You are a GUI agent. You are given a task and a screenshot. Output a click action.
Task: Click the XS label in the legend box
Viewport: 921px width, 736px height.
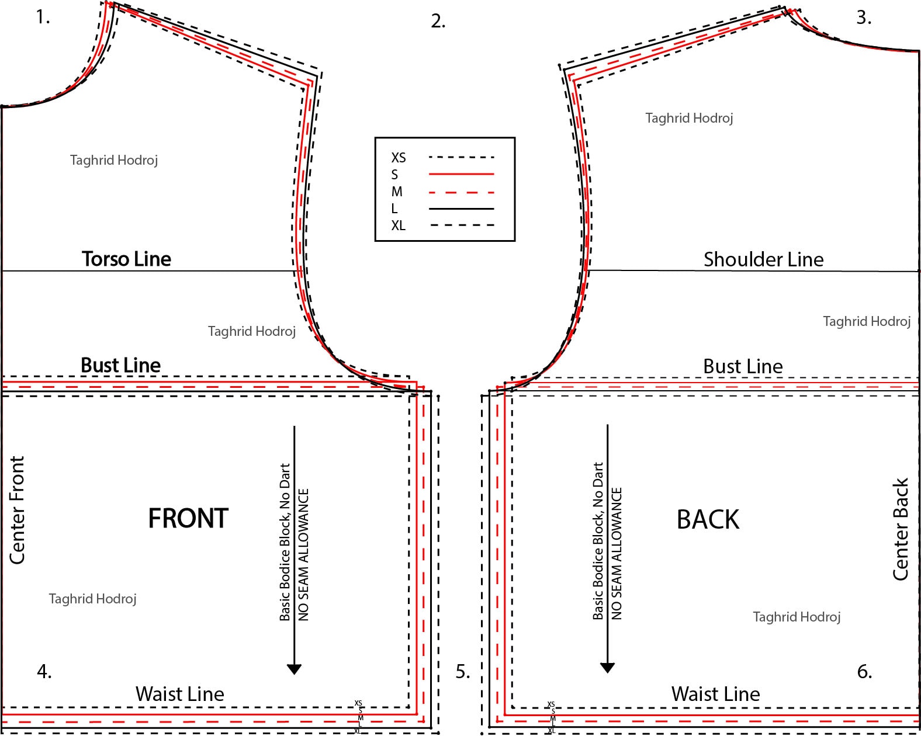pyautogui.click(x=398, y=158)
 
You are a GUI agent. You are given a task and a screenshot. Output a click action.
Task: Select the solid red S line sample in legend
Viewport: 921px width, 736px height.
pyautogui.click(x=461, y=174)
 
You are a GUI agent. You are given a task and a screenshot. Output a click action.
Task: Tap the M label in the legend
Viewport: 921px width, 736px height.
pyautogui.click(x=397, y=191)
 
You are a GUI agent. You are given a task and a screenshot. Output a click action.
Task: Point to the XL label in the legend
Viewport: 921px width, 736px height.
pyautogui.click(x=398, y=225)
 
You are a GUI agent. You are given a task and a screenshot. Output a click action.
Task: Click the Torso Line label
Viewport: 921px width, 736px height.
pyautogui.click(x=126, y=259)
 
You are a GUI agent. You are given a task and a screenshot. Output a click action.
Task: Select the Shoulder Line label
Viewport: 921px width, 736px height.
pyautogui.click(x=763, y=259)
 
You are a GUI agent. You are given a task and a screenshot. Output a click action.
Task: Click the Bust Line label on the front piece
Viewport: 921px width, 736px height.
pyautogui.click(x=121, y=365)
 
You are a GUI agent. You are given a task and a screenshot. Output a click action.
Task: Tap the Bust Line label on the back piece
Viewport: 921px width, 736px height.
pyautogui.click(x=743, y=366)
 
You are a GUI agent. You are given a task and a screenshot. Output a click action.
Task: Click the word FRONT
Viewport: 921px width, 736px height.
pyautogui.click(x=188, y=518)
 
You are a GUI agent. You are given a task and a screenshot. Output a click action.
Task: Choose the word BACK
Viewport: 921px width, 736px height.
pyautogui.click(x=708, y=519)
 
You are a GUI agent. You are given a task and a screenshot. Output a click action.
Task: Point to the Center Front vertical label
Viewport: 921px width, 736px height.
pyautogui.click(x=17, y=509)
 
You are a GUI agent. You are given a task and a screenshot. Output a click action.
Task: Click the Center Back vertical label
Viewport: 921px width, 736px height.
pyautogui.click(x=901, y=529)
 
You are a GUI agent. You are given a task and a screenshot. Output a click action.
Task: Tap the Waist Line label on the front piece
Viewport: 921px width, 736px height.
pyautogui.click(x=180, y=693)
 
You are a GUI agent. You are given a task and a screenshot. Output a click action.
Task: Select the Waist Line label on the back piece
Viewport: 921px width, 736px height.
pyautogui.click(x=715, y=693)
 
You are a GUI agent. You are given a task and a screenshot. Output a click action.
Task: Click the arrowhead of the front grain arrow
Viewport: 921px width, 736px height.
pyautogui.click(x=294, y=669)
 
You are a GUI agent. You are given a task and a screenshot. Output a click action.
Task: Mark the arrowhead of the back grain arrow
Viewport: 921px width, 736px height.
pyautogui.click(x=607, y=668)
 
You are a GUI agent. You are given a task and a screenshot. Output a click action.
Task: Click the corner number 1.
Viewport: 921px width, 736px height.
pyautogui.click(x=43, y=17)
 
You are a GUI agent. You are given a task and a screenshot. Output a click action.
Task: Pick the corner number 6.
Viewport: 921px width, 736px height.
pyautogui.click(x=864, y=671)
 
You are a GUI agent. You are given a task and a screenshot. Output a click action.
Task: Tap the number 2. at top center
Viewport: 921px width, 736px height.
pyautogui.click(x=438, y=21)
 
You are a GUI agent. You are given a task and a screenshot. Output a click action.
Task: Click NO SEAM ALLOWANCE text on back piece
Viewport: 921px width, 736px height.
pyautogui.click(x=617, y=554)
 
